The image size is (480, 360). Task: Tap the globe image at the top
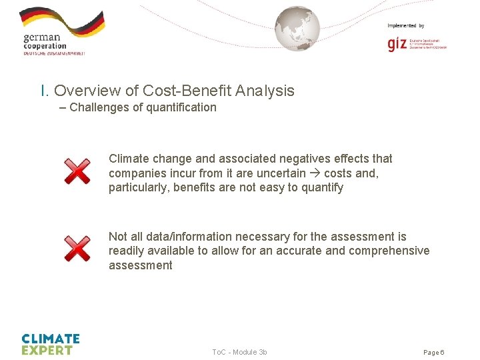[297, 29]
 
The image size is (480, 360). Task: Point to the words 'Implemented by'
[405, 25]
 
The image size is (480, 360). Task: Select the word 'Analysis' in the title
[265, 91]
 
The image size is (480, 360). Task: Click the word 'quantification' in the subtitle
[181, 107]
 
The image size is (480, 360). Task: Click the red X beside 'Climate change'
[77, 171]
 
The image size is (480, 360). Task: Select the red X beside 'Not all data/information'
[77, 249]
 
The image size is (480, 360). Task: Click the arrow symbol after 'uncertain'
[313, 173]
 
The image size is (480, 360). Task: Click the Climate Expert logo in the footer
[51, 344]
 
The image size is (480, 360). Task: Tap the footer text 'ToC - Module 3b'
[239, 352]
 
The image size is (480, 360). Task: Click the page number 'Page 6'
[433, 352]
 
